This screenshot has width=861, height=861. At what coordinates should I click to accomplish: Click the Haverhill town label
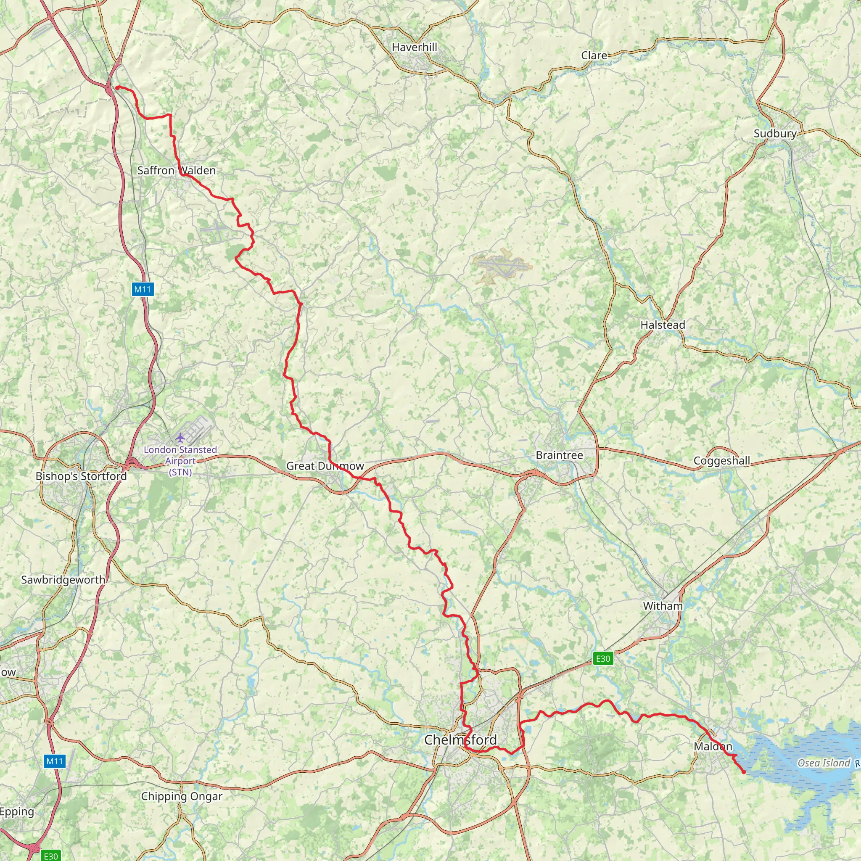(x=415, y=47)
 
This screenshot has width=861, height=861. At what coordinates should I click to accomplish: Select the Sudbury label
(x=775, y=134)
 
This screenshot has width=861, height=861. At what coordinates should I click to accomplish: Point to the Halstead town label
(x=663, y=325)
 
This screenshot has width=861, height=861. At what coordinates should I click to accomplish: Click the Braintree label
(x=559, y=455)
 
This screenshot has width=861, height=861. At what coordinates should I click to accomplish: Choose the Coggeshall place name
(x=722, y=461)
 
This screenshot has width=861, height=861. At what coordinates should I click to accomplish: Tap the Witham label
(x=663, y=606)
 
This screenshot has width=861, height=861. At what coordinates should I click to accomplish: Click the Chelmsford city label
(x=460, y=740)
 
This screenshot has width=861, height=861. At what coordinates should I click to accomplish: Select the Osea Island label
(x=824, y=763)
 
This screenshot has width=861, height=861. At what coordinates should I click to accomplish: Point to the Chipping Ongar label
(x=181, y=796)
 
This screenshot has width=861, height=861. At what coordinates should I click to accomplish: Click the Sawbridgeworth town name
(x=63, y=580)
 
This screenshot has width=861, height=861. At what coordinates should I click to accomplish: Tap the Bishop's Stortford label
(x=81, y=476)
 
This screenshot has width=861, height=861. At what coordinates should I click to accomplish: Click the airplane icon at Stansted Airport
(x=180, y=438)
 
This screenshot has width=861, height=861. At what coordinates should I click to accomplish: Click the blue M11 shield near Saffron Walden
(x=143, y=290)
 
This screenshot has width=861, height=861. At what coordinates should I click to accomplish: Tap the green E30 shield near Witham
(x=603, y=659)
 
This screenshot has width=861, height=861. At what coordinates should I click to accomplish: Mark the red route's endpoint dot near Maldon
(x=743, y=772)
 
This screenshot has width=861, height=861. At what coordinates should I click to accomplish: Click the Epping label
(x=17, y=812)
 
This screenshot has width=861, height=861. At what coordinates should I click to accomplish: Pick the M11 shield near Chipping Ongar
(x=55, y=761)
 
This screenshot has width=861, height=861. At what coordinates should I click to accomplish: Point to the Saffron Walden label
(x=177, y=171)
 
